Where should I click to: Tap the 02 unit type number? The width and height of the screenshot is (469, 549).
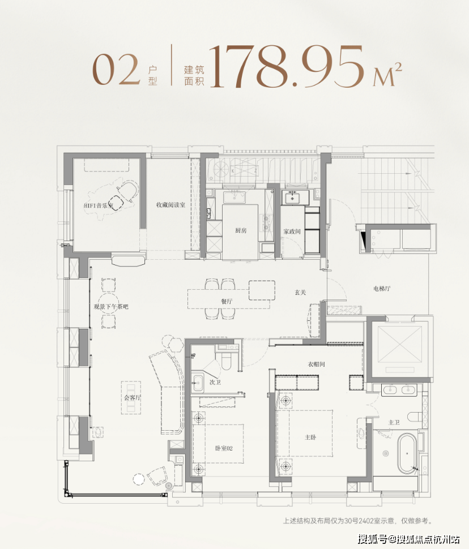[116, 70]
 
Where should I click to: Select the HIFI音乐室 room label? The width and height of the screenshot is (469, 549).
[99, 205]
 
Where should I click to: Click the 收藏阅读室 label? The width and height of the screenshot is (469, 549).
[170, 205]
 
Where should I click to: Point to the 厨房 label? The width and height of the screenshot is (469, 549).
[241, 230]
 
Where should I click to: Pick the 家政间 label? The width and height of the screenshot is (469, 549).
[292, 231]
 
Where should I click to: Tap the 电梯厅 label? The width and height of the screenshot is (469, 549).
[382, 289]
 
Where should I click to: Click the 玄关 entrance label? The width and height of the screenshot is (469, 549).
[300, 293]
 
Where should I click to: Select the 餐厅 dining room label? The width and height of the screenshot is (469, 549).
[227, 301]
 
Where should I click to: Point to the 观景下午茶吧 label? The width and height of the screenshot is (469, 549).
[111, 307]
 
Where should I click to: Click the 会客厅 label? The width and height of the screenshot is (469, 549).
[132, 397]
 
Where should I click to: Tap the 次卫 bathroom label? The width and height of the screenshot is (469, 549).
[215, 383]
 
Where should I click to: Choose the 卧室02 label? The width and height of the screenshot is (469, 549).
[224, 448]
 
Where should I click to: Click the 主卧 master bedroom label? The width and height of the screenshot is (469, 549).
[310, 438]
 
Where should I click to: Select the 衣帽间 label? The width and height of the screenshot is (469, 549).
[316, 364]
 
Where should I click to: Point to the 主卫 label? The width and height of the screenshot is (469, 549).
[394, 423]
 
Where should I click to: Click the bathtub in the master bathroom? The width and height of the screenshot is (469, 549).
[407, 453]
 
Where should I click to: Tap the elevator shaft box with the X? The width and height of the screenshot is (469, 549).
[400, 345]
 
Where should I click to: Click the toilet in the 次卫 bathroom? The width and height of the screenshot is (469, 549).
[227, 361]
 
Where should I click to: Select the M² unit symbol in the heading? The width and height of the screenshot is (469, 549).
[387, 74]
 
